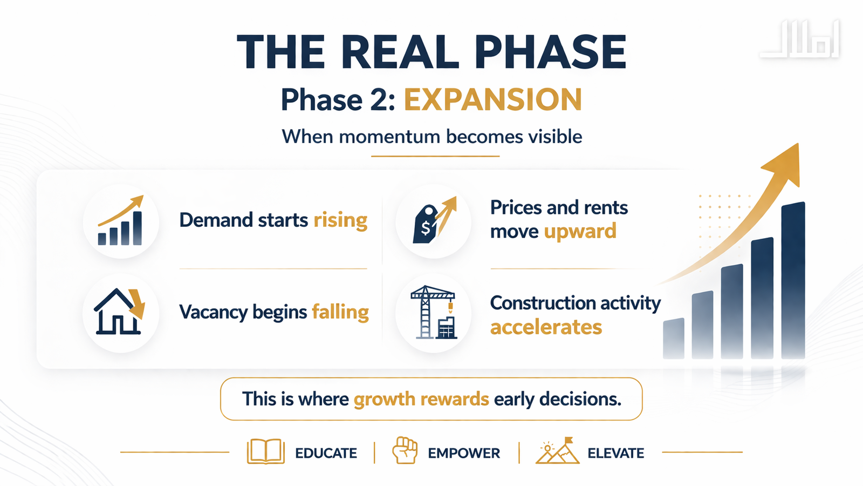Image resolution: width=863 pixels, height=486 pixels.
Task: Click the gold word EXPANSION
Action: click(x=493, y=99)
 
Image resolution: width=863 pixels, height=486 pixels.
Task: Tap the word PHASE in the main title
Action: click(x=550, y=52)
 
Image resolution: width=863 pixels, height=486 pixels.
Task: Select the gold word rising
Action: click(x=340, y=220)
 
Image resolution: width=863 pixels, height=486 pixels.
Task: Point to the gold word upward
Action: click(x=580, y=232)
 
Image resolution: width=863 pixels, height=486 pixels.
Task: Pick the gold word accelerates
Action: click(x=546, y=327)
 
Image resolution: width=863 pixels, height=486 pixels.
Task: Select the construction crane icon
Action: click(x=434, y=313)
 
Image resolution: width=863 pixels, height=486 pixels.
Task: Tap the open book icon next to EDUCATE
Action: click(x=265, y=451)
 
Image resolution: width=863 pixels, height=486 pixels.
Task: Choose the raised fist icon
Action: click(x=405, y=450)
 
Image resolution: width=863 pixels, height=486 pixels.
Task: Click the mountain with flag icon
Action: click(x=558, y=450)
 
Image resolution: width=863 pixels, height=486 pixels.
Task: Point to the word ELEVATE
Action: click(x=615, y=453)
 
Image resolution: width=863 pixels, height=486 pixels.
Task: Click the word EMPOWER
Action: click(x=464, y=453)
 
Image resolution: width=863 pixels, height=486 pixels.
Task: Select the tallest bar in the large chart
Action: click(x=793, y=281)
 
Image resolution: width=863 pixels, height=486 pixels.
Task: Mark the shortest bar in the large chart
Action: click(x=674, y=339)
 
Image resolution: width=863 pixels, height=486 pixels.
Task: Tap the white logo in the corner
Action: click(x=799, y=39)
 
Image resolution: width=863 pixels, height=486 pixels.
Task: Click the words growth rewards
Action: click(x=421, y=399)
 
